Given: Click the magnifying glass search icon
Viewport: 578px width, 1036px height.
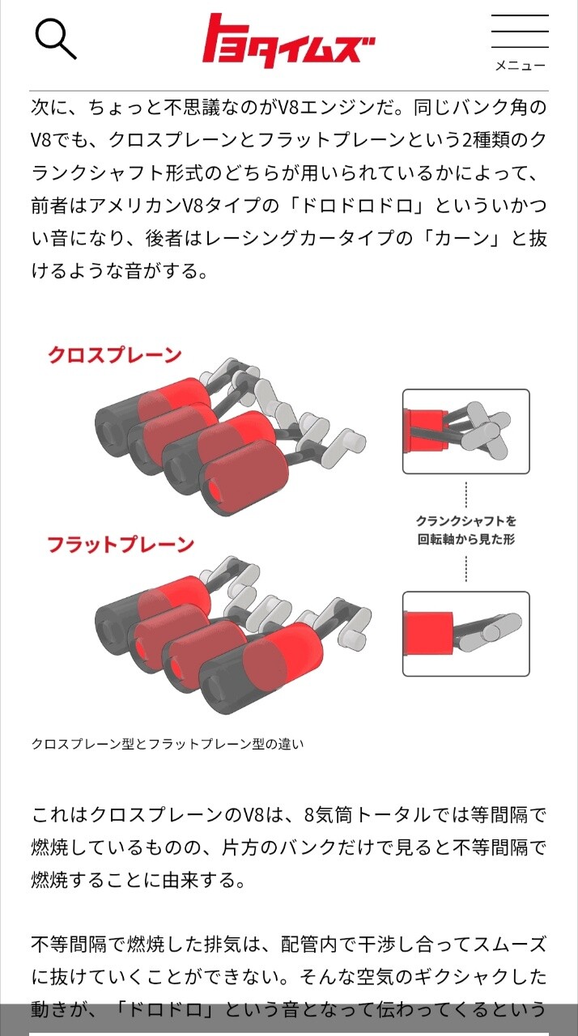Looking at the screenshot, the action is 56,39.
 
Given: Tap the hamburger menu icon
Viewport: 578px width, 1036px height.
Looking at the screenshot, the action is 520,31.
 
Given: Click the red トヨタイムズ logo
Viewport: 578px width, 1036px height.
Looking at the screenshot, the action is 289,40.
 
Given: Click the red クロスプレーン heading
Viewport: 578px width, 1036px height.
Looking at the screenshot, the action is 115,355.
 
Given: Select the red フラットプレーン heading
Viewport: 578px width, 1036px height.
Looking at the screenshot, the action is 121,545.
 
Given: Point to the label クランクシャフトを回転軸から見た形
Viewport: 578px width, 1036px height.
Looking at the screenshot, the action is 466,530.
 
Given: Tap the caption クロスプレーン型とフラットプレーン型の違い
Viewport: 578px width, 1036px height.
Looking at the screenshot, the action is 168,744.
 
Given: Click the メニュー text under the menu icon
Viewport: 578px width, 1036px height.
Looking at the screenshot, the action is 521,66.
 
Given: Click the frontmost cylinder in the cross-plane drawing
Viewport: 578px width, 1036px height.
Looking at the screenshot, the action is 245,478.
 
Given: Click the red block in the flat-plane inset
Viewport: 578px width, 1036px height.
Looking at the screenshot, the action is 428,634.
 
